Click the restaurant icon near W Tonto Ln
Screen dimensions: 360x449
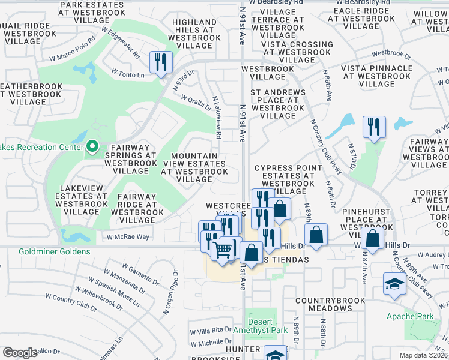[161, 62]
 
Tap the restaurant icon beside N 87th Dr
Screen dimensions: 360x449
[374, 128]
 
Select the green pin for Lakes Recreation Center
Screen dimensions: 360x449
[92, 146]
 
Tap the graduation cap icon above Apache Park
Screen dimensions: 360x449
[394, 284]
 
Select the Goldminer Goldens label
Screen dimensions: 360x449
[55, 252]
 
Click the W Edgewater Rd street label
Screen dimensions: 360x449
[121, 42]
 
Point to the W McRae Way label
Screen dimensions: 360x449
[128, 237]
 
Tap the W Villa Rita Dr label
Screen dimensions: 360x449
[211, 330]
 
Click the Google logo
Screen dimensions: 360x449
[20, 353]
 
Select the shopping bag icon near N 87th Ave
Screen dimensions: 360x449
[373, 238]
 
